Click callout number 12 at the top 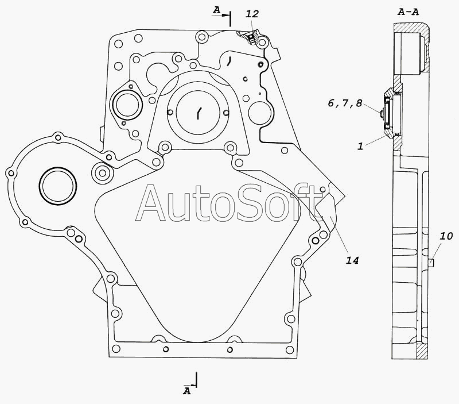pyautogui.click(x=252, y=14)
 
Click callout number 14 pyautogui.click(x=352, y=260)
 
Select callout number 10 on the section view pyautogui.click(x=446, y=236)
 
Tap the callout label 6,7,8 pyautogui.click(x=345, y=103)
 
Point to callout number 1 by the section pyautogui.click(x=360, y=146)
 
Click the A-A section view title pyautogui.click(x=409, y=12)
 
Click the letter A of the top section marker pyautogui.click(x=216, y=10)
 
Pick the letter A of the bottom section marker pyautogui.click(x=187, y=391)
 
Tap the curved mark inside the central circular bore pyautogui.click(x=199, y=113)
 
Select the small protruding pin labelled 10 pyautogui.click(x=431, y=262)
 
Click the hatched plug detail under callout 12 pyautogui.click(x=250, y=37)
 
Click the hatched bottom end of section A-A pyautogui.click(x=422, y=351)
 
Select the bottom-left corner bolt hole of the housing pyautogui.click(x=116, y=349)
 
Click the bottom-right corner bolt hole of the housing pyautogui.click(x=290, y=349)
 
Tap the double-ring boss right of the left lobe pyautogui.click(x=102, y=173)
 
